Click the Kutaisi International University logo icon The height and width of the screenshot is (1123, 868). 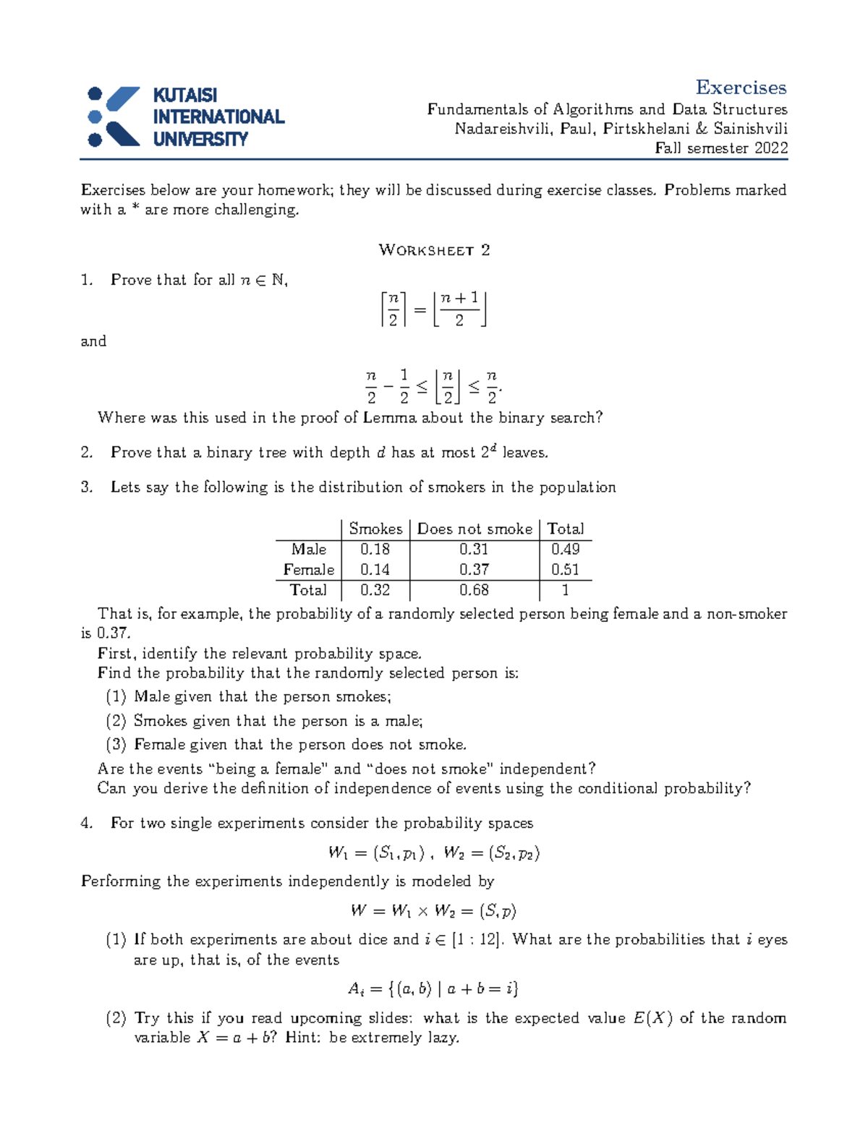pyautogui.click(x=113, y=116)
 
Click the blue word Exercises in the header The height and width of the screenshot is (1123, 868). pyautogui.click(x=741, y=87)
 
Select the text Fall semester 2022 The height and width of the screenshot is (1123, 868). pyautogui.click(x=720, y=148)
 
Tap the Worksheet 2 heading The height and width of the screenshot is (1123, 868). pyautogui.click(x=434, y=250)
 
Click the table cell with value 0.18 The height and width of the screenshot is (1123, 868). pyautogui.click(x=375, y=550)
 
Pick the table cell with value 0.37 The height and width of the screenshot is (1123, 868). pyautogui.click(x=474, y=570)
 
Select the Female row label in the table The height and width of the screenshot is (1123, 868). pyautogui.click(x=309, y=570)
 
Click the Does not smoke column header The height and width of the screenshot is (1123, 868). pyautogui.click(x=475, y=529)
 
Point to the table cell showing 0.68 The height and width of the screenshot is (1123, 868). pyautogui.click(x=474, y=590)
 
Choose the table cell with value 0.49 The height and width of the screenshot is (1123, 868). pyautogui.click(x=565, y=550)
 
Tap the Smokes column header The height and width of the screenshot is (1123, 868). pyautogui.click(x=375, y=529)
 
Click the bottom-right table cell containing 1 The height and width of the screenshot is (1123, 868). pyautogui.click(x=565, y=590)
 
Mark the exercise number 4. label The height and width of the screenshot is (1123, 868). pyautogui.click(x=88, y=823)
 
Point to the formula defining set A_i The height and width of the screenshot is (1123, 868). pyautogui.click(x=433, y=989)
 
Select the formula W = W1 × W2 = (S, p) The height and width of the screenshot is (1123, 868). pyautogui.click(x=433, y=910)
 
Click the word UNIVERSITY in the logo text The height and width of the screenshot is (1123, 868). pyautogui.click(x=200, y=139)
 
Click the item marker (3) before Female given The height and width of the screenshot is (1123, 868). pyautogui.click(x=116, y=744)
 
